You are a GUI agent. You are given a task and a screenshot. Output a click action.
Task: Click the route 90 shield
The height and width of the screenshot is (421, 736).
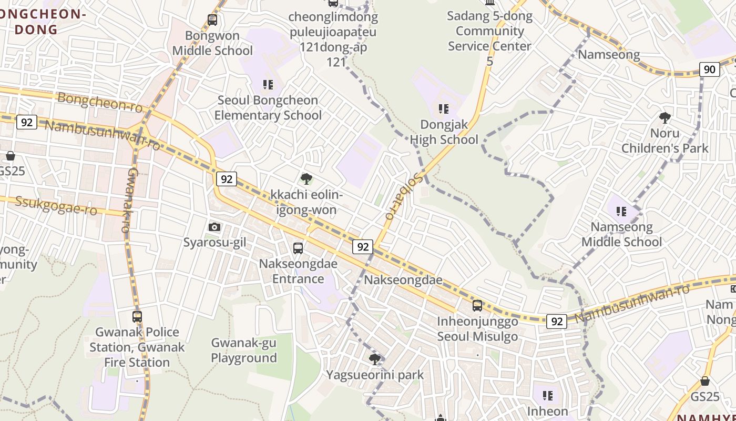(x=710, y=69)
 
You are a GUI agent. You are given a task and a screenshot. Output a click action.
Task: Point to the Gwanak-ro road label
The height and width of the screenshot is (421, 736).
(x=129, y=200)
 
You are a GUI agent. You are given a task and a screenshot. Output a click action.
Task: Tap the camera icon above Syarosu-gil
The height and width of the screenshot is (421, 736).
(x=214, y=227)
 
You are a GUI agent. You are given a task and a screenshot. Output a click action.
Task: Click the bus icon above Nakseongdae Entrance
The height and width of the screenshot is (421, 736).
(x=298, y=248)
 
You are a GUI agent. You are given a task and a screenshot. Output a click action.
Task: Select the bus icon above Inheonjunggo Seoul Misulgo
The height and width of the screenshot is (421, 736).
(x=477, y=305)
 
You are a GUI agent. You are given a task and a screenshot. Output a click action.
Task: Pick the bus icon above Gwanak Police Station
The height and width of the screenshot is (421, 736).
(x=137, y=316)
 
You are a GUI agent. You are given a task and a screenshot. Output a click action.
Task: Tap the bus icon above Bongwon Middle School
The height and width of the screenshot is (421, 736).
(x=212, y=20)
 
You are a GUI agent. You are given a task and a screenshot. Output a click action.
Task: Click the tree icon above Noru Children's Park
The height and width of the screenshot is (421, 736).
(x=665, y=117)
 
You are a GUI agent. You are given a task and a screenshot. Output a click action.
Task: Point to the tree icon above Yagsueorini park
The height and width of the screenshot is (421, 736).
(x=375, y=359)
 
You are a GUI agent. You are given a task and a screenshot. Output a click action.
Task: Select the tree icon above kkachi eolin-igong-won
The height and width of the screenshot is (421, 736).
(x=306, y=179)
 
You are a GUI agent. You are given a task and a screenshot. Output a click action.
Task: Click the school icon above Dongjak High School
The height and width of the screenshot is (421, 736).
(x=444, y=109)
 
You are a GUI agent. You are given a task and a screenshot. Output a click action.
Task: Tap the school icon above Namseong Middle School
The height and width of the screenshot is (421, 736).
(x=621, y=212)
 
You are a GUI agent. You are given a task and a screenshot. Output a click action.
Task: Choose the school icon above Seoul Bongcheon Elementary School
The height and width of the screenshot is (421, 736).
(x=268, y=84)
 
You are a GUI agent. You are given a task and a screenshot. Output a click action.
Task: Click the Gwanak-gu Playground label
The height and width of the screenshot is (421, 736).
(x=244, y=350)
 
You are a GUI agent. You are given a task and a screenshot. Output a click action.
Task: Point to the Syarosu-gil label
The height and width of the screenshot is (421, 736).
(x=214, y=243)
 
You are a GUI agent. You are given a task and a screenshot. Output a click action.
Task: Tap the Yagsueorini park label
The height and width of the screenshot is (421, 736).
(x=375, y=375)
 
